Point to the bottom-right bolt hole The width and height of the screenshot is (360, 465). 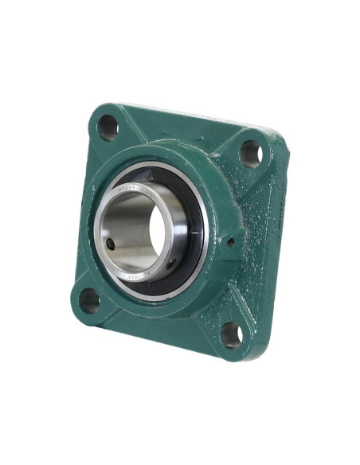point(231,334)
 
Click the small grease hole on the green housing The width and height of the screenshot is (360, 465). point(229,241)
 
